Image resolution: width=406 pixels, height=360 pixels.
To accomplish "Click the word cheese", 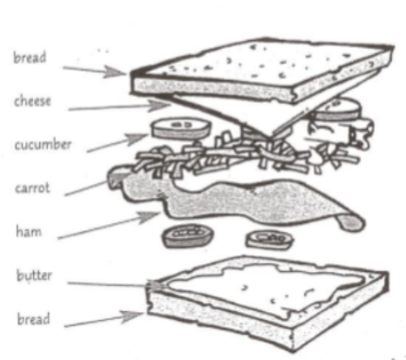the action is click(32, 101).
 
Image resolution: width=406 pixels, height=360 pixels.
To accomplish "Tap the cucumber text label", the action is click(43, 144).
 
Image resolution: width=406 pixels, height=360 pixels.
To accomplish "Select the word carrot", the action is click(32, 187).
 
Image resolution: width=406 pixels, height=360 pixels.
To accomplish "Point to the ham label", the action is click(29, 231).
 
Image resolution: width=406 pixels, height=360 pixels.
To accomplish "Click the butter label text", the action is click(34, 275).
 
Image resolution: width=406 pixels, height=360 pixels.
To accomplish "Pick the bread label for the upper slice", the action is click(30, 57).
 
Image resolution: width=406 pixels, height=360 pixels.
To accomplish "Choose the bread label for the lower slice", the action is click(33, 318).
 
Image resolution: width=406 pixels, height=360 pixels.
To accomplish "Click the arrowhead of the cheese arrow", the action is click(159, 105).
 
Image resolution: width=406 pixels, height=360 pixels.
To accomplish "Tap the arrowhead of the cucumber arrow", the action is click(137, 139).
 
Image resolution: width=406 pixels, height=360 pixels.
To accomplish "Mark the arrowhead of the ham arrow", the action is click(149, 216).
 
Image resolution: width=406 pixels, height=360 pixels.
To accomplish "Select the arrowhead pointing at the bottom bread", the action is click(132, 316).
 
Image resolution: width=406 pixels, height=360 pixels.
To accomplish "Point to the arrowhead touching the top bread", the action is click(115, 71).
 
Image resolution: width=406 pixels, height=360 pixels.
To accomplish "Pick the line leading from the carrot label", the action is click(86, 188).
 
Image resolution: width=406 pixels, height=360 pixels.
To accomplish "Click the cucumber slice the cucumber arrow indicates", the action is click(180, 128).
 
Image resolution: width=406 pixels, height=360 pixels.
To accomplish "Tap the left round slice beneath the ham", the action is click(188, 236).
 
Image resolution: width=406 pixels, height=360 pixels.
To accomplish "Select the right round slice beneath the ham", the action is click(269, 239).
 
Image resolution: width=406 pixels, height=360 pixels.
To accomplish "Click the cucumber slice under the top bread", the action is click(338, 110).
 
